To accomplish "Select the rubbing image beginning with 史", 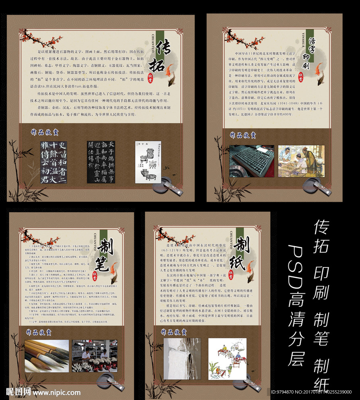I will (x=53, y=162).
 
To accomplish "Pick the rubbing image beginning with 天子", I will (x=101, y=162).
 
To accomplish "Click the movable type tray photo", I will (x=251, y=161).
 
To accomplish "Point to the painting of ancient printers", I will (x=301, y=161).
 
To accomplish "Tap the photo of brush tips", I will (x=47, y=356).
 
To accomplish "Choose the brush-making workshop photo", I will (x=94, y=356).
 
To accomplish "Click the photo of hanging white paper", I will (x=182, y=359).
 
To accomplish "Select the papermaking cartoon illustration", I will (x=227, y=359).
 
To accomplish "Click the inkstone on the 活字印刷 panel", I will (x=315, y=186).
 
